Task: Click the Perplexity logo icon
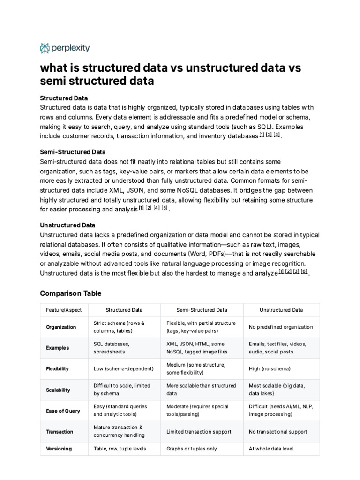[45, 48]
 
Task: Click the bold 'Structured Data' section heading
[64, 98]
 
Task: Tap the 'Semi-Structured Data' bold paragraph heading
[73, 152]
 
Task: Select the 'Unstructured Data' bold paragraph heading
[67, 225]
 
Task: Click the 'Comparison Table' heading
[70, 293]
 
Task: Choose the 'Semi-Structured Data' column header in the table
[202, 310]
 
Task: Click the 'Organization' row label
[61, 327]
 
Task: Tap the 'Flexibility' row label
[58, 368]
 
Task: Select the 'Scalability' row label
[58, 390]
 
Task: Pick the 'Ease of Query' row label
[63, 411]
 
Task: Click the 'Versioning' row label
[59, 449]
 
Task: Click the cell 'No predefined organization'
[281, 327]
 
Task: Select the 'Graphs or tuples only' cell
[192, 449]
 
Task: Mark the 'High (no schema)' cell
[270, 368]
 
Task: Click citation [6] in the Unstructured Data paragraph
[304, 271]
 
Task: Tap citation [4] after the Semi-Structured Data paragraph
[157, 208]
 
